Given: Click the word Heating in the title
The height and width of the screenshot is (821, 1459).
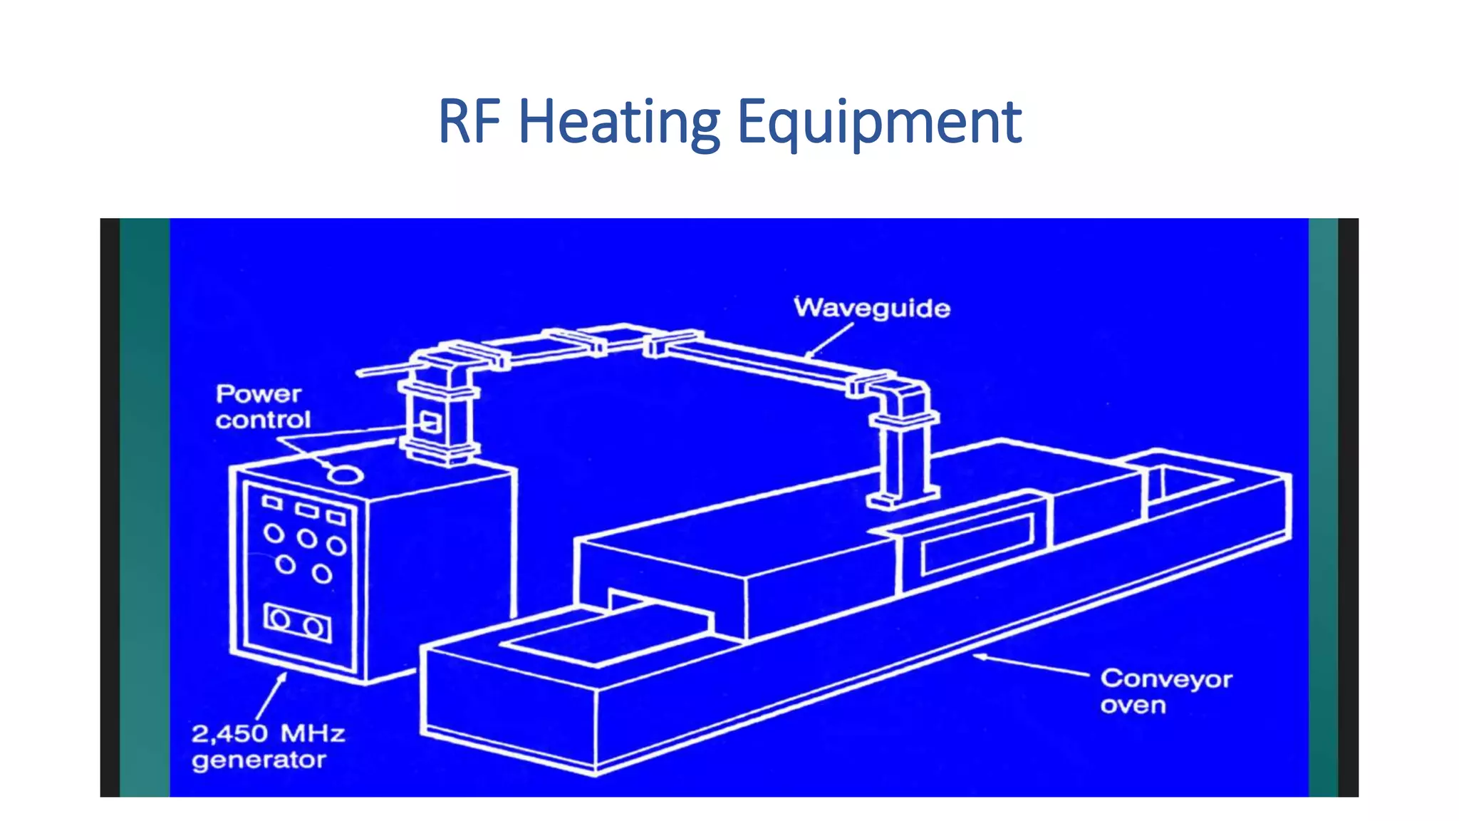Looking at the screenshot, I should click(618, 123).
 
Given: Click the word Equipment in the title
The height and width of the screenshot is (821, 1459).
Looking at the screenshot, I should click(879, 123).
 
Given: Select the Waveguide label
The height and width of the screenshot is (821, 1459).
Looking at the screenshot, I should click(872, 309).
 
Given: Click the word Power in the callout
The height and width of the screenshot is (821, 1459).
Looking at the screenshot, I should click(259, 394).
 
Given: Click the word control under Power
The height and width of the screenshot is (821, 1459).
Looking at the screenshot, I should click(263, 420).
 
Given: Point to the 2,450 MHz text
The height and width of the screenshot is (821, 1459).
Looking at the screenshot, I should click(268, 733).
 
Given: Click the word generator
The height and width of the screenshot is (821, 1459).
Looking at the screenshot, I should click(259, 760).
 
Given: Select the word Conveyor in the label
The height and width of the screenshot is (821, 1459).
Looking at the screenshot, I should click(1166, 679).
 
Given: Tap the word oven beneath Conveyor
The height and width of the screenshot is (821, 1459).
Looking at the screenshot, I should click(1133, 706).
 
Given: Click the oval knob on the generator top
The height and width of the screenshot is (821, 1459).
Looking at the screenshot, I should click(345, 473).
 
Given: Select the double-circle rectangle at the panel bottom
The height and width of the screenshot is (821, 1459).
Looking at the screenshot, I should click(297, 623).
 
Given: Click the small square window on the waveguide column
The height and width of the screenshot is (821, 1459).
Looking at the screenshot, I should click(430, 423).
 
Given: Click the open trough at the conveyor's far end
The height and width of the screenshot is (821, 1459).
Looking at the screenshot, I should click(1190, 482).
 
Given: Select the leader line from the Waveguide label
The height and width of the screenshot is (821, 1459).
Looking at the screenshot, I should click(830, 340).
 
